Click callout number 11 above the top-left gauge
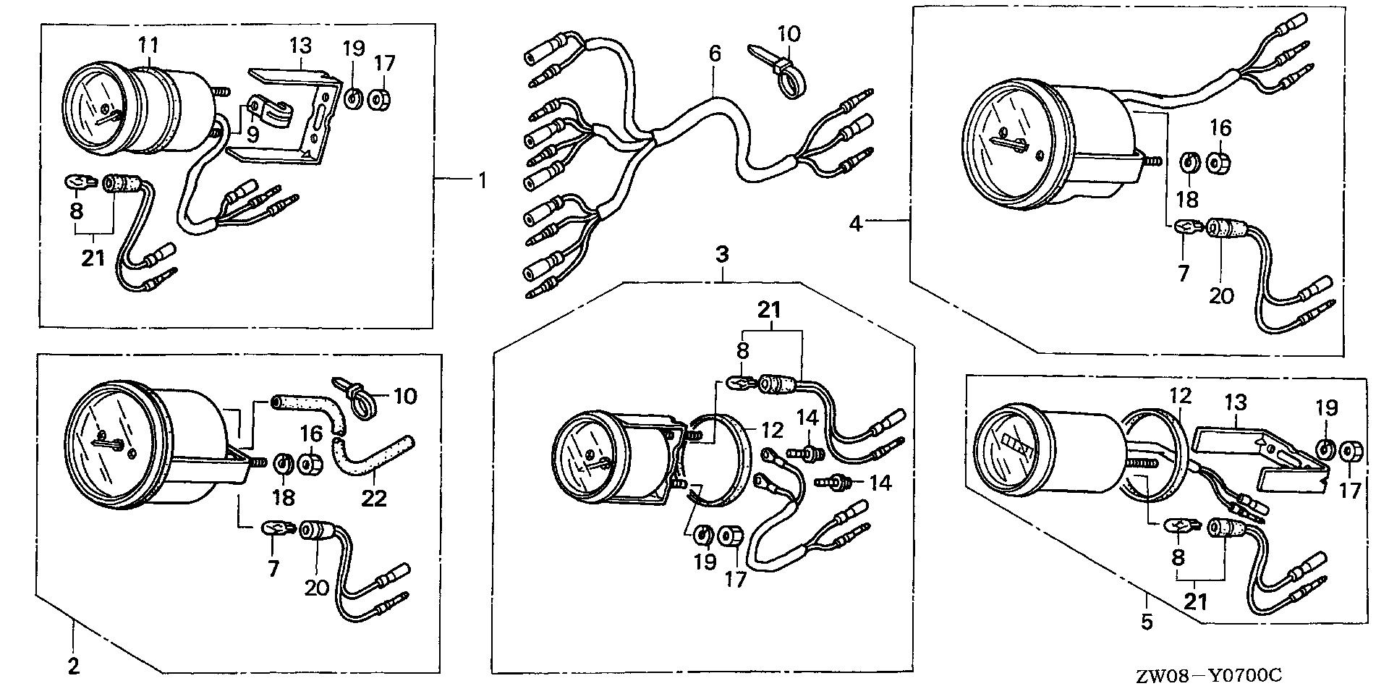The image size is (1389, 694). [148, 46]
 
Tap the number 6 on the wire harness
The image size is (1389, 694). [714, 54]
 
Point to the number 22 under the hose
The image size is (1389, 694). [375, 498]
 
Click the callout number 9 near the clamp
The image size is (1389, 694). [252, 135]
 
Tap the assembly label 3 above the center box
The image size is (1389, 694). [722, 255]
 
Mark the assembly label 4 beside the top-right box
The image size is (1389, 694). [856, 224]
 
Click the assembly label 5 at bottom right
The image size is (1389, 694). [1147, 622]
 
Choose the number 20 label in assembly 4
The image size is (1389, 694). [1220, 295]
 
